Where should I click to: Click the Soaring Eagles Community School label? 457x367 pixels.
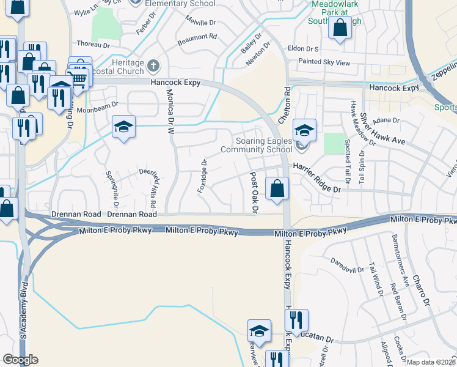[x=256, y=145]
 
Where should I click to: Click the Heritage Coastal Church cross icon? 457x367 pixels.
[x=153, y=64]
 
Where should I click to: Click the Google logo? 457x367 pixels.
[x=20, y=360]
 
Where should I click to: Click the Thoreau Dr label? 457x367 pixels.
[x=93, y=44]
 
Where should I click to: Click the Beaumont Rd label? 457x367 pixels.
[x=197, y=37]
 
